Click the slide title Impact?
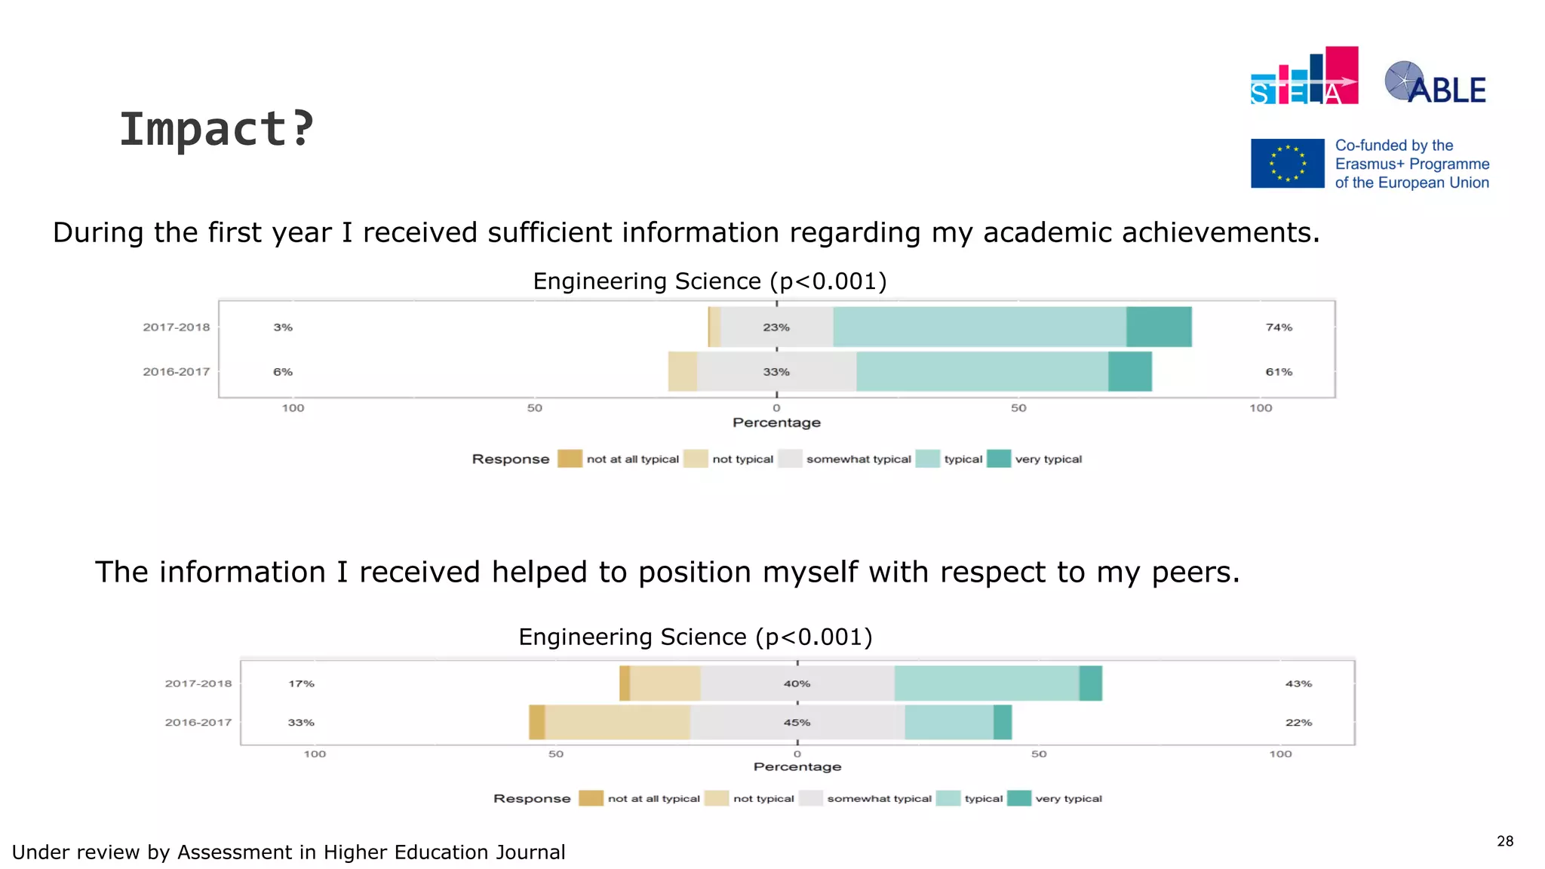point(217,129)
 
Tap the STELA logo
point(1304,76)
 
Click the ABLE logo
point(1435,83)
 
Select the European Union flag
point(1287,163)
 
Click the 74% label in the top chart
point(1279,327)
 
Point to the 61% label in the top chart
point(1279,372)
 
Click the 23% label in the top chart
point(776,327)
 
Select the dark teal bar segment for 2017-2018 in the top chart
point(1159,327)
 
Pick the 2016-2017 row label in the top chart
point(176,372)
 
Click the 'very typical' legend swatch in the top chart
point(998,459)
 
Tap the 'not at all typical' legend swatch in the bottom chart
point(591,798)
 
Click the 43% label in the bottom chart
point(1298,683)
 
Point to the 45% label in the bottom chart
point(797,723)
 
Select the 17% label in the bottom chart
point(301,683)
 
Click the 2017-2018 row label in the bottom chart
point(198,683)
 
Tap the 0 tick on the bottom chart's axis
point(797,754)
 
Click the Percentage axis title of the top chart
point(776,422)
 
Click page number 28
point(1504,841)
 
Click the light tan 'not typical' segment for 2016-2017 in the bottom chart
point(617,723)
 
